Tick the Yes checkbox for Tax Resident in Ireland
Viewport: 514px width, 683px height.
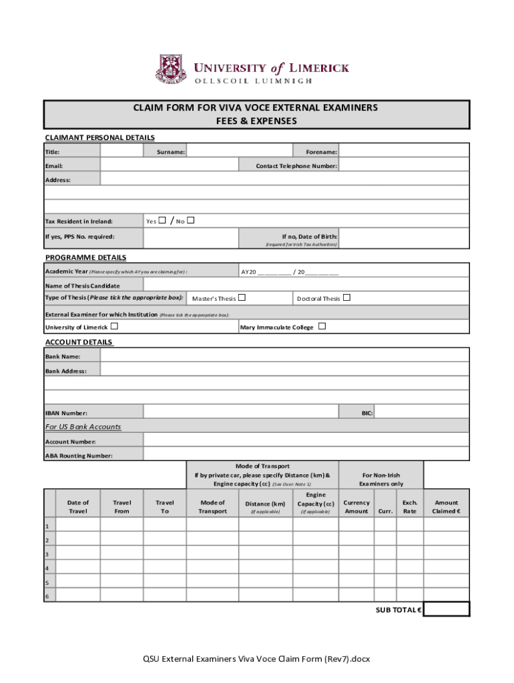coord(163,221)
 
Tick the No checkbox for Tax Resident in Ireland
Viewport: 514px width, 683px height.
coord(190,221)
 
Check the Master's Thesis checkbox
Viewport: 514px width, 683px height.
coord(242,297)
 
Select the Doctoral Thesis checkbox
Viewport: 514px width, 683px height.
coord(346,297)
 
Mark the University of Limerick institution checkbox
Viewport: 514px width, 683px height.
coord(114,326)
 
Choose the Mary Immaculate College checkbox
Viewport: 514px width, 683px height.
coord(322,326)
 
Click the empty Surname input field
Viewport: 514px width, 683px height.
coord(238,151)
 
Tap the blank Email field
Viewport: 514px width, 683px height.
coord(169,165)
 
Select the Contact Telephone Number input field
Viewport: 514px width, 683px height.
coord(404,165)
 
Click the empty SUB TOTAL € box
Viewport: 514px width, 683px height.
coord(447,609)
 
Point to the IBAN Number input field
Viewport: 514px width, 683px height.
coord(242,413)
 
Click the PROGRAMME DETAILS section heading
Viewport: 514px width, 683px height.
coord(85,257)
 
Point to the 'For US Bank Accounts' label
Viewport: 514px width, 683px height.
coord(83,426)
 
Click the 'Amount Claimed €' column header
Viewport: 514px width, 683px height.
coord(447,507)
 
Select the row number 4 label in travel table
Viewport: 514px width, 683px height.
coord(47,568)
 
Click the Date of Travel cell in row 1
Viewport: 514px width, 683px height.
coord(78,525)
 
